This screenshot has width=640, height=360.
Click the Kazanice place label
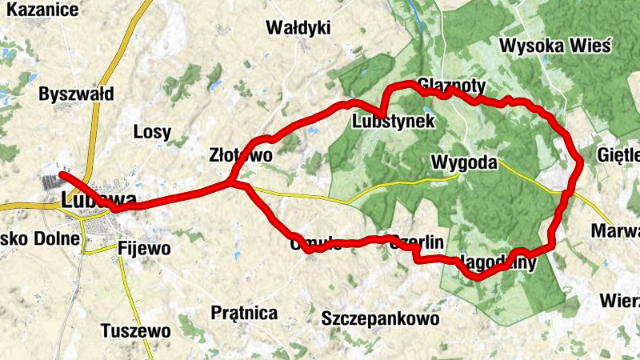click(x=39, y=10)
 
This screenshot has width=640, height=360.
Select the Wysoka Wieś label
click(x=554, y=46)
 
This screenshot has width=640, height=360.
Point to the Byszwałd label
click(x=76, y=94)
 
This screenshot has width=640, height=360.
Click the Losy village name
click(x=152, y=132)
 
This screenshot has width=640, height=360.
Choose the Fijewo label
click(x=143, y=248)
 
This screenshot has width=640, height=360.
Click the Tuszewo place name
click(x=136, y=330)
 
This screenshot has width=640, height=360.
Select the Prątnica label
click(x=245, y=312)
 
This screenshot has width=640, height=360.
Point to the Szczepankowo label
click(x=380, y=318)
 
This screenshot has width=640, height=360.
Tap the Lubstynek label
click(x=393, y=122)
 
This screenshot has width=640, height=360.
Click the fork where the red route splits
click(x=230, y=183)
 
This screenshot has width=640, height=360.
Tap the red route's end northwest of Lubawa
click(x=60, y=174)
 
